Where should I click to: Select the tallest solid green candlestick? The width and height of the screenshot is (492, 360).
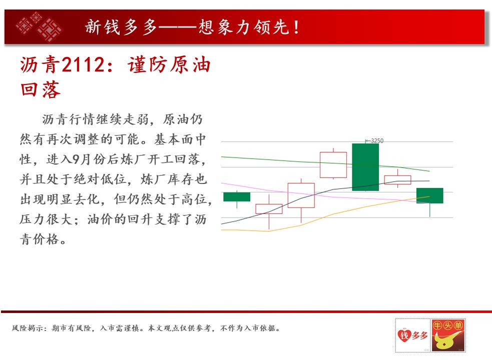[x=365, y=167]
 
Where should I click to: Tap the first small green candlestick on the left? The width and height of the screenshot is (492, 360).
[x=237, y=196]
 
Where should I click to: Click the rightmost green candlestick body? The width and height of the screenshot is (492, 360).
[x=429, y=195]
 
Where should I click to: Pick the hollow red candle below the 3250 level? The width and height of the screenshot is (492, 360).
[x=333, y=165]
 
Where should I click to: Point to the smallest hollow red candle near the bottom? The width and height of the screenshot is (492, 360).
[x=269, y=209]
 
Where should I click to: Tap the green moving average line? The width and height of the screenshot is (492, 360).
[x=325, y=163]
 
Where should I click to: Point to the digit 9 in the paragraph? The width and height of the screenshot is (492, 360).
[x=76, y=159]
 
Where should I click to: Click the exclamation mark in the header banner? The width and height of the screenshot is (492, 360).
[x=296, y=27]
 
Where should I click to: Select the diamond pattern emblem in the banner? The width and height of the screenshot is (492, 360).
[x=39, y=26]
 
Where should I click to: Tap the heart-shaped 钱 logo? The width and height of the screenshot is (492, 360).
[x=404, y=335]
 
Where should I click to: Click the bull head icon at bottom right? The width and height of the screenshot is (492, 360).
[x=448, y=335]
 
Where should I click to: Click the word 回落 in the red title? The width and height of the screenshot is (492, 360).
[x=40, y=89]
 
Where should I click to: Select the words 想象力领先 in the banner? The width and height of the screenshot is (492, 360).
[x=243, y=27]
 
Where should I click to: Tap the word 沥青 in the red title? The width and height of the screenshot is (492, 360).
[x=40, y=65]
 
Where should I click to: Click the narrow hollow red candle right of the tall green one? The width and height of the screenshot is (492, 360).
[x=397, y=179]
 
